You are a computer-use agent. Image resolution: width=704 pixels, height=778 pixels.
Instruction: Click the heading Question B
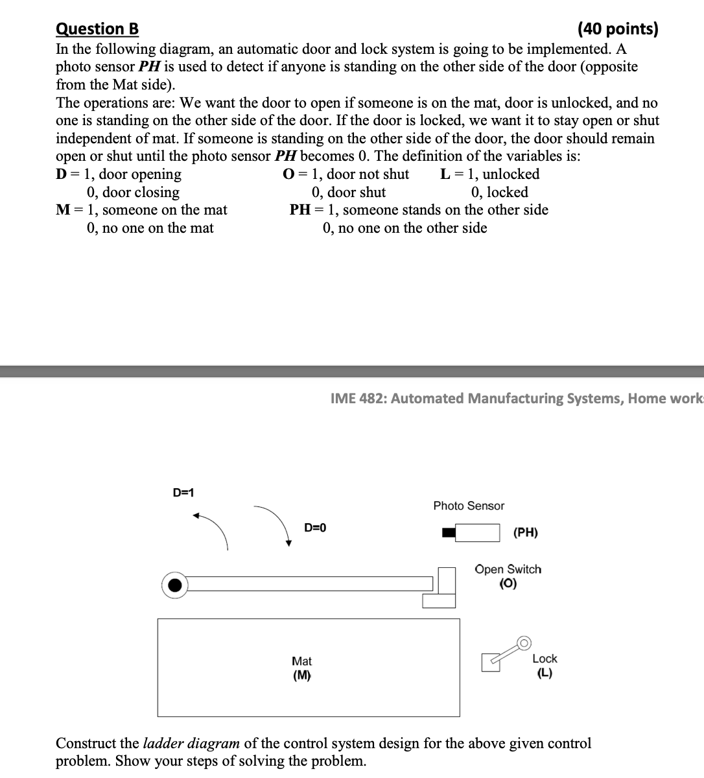click(97, 29)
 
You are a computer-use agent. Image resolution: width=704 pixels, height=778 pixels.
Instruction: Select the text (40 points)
click(616, 29)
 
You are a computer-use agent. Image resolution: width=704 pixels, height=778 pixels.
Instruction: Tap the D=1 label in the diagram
click(183, 492)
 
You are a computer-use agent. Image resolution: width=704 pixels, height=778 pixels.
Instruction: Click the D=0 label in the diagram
click(315, 528)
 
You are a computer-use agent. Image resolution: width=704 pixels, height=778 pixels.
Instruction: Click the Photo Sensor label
click(469, 506)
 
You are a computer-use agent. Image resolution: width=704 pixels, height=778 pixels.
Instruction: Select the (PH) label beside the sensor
click(525, 533)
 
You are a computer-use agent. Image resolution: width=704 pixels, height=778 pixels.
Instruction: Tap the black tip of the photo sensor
click(449, 533)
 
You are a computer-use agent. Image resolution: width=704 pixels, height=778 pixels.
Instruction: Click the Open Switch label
click(508, 569)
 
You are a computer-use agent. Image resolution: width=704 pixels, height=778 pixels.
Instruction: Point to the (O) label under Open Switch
click(508, 583)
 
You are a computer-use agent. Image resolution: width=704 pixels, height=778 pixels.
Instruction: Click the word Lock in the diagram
click(545, 659)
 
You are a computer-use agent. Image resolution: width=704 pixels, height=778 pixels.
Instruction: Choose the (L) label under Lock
click(545, 673)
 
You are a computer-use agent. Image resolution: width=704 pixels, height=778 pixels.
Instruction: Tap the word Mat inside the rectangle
click(301, 661)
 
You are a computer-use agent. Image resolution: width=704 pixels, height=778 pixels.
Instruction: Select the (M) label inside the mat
click(301, 676)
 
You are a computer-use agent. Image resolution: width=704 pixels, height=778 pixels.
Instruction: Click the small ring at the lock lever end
click(524, 643)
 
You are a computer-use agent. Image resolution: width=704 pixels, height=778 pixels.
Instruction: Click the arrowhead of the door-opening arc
click(196, 516)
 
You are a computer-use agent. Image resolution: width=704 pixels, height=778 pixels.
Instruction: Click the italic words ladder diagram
click(191, 743)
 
